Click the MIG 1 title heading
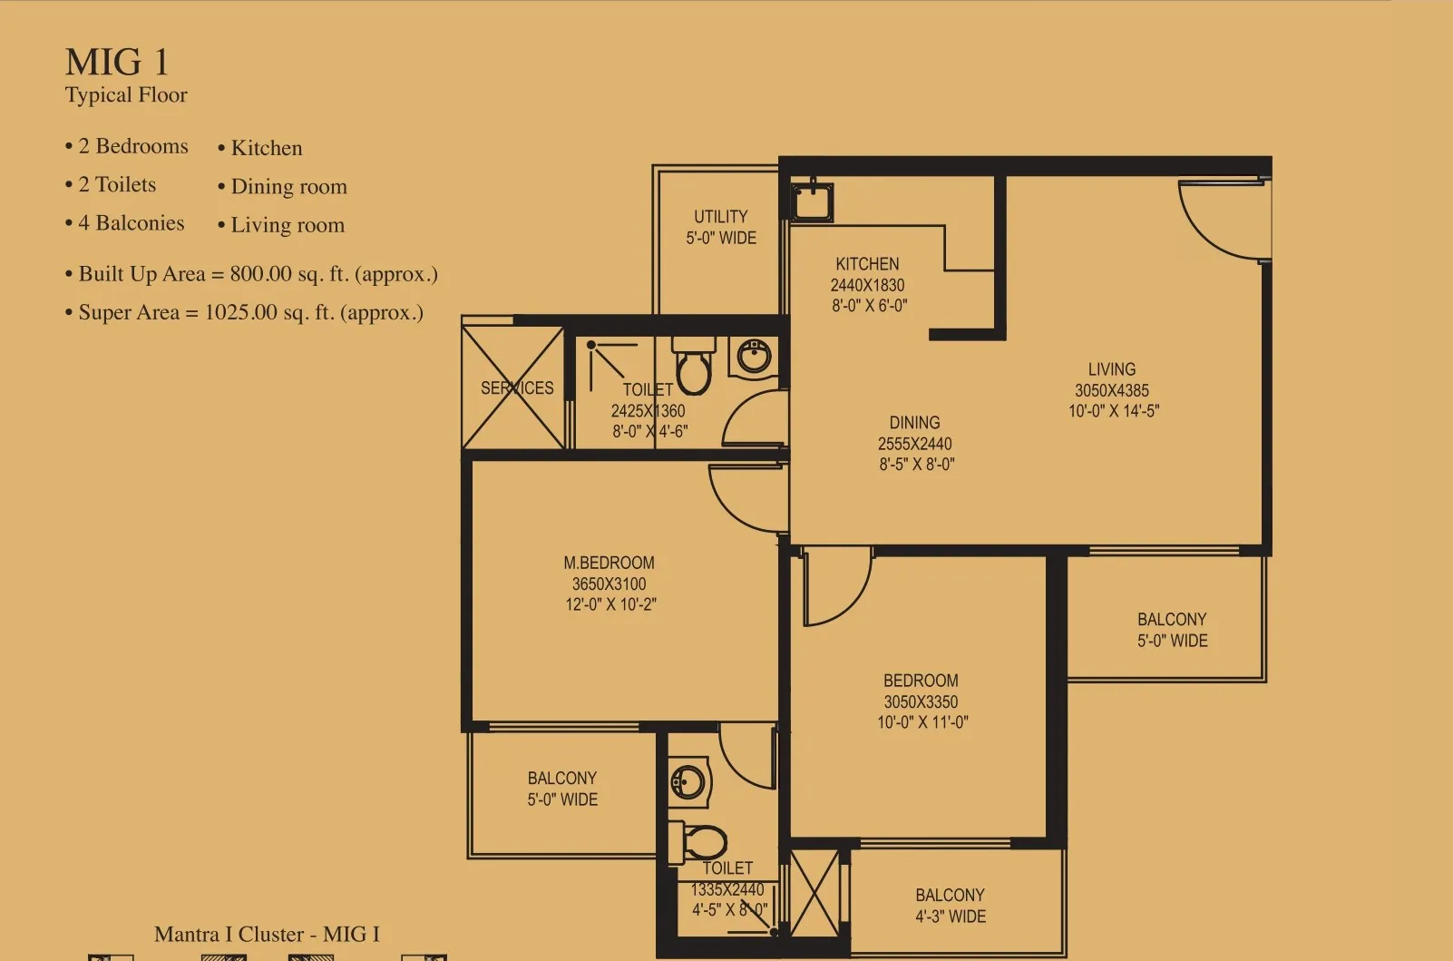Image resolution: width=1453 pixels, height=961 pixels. click(x=117, y=63)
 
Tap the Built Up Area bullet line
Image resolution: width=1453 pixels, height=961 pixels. click(x=251, y=274)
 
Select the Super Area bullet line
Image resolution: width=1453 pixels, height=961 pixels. click(x=245, y=312)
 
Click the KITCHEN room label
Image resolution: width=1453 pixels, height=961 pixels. click(x=867, y=264)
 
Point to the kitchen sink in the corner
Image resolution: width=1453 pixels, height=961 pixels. click(x=812, y=201)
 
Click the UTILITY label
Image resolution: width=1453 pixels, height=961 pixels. click(x=721, y=216)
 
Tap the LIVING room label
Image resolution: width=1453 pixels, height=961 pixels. click(x=1112, y=369)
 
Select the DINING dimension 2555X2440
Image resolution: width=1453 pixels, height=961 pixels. click(x=914, y=444)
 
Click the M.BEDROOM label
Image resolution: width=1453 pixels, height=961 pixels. click(x=609, y=563)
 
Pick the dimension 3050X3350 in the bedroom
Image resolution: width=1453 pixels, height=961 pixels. click(x=921, y=701)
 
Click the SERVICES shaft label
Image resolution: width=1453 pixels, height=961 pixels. click(x=517, y=388)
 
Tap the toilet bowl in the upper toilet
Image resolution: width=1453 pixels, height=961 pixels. click(x=694, y=366)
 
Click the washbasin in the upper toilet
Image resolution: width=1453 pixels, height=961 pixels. click(x=753, y=357)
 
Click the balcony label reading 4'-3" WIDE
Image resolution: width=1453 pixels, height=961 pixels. click(x=951, y=917)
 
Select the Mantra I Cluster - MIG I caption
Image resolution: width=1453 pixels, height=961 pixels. click(x=267, y=935)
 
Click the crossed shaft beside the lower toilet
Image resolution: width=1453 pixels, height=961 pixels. click(x=814, y=893)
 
